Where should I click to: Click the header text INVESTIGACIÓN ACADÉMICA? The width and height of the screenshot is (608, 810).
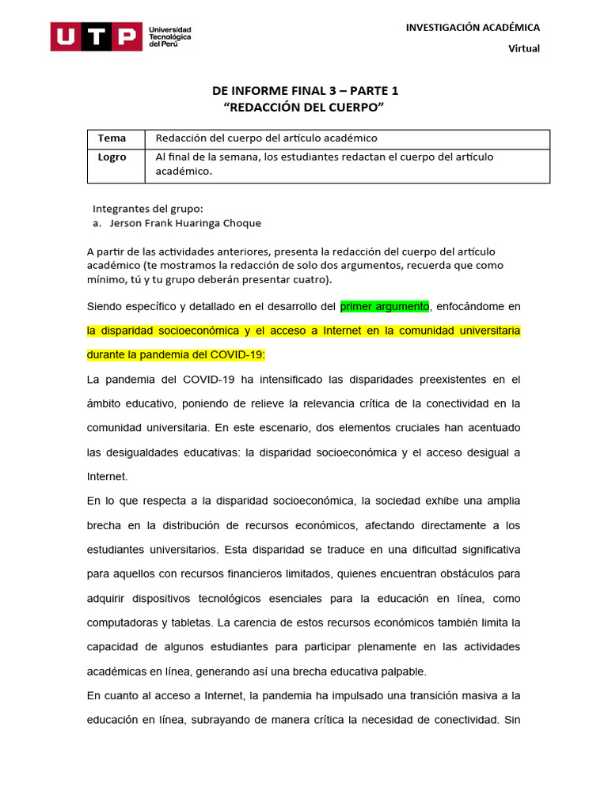473,27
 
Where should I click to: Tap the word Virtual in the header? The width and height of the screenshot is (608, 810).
523,48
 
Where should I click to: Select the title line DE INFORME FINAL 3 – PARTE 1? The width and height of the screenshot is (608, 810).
310,90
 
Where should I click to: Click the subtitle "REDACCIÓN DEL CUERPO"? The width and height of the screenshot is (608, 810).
310,107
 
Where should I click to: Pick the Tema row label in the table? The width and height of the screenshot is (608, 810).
112,138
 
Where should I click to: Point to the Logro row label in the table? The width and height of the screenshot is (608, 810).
112,157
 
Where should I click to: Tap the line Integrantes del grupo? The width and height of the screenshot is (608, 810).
148,209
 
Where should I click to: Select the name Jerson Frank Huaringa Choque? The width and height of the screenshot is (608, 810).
185,223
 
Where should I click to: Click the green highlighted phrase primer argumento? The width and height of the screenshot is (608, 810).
385,306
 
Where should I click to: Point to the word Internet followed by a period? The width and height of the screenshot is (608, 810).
107,477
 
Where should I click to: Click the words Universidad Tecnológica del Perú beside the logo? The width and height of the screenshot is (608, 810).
170,36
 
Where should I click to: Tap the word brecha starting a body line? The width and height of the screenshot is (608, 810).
104,525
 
